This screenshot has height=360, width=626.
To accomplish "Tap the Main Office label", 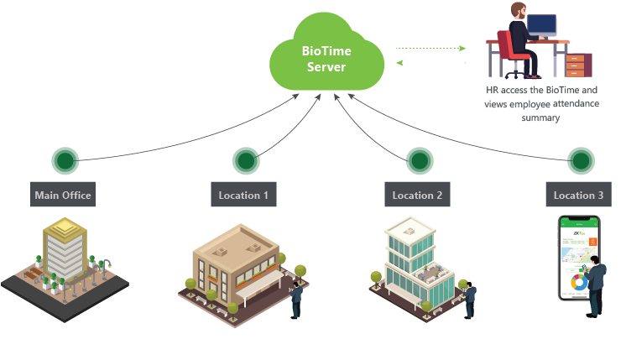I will point(63,196).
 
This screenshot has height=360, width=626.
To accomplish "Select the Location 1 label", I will point(243,196).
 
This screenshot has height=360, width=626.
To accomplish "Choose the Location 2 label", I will point(418,196).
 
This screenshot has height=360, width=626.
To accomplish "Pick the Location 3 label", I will point(578,196).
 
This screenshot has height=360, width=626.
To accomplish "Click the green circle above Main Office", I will point(65,160).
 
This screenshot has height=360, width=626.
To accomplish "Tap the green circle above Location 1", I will point(246,160).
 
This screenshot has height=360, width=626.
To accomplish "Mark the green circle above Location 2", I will point(420,160).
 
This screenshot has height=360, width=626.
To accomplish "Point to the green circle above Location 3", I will point(581,160).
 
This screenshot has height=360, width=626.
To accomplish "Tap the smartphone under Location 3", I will point(579,256).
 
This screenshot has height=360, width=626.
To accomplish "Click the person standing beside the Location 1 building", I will point(296,296).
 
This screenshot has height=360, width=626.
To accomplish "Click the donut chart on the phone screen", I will point(578,283).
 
